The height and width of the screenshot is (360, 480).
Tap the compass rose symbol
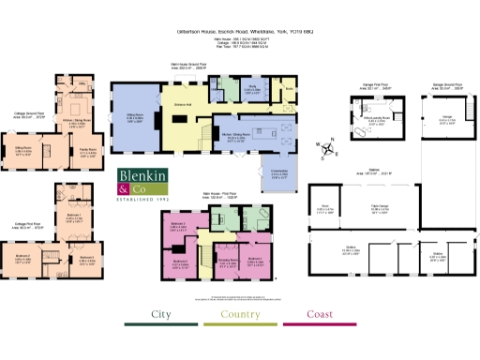point(323,148)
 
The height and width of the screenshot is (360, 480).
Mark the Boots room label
point(290,91)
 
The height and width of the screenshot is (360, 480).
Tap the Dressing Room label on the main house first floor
point(226,262)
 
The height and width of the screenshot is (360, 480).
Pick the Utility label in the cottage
point(81,87)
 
